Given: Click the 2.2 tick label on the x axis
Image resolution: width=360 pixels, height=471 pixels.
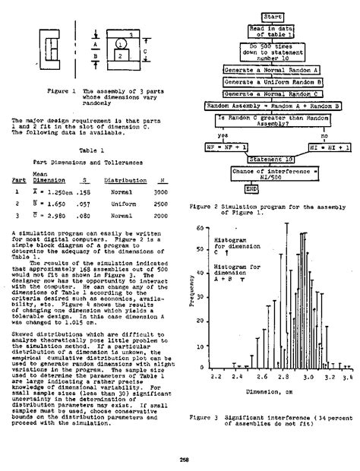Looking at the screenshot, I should point(215,355).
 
